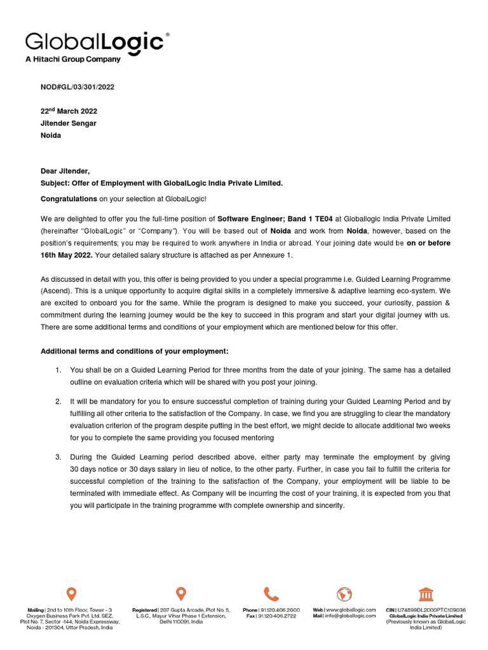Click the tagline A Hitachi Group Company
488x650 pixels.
[x=72, y=60]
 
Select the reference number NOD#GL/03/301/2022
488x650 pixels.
[x=78, y=87]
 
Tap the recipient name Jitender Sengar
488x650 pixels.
[x=69, y=123]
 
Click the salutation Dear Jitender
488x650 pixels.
[x=65, y=171]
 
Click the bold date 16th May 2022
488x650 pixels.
[x=67, y=255]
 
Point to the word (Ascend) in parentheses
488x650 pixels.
[x=56, y=291]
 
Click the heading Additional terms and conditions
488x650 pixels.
[x=134, y=351]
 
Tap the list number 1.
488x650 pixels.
[x=58, y=370]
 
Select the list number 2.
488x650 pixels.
[x=58, y=402]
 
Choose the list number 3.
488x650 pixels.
[x=58, y=457]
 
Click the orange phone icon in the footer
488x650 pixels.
[x=271, y=594]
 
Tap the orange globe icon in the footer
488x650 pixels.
[x=344, y=594]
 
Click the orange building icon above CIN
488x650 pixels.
[x=426, y=594]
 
